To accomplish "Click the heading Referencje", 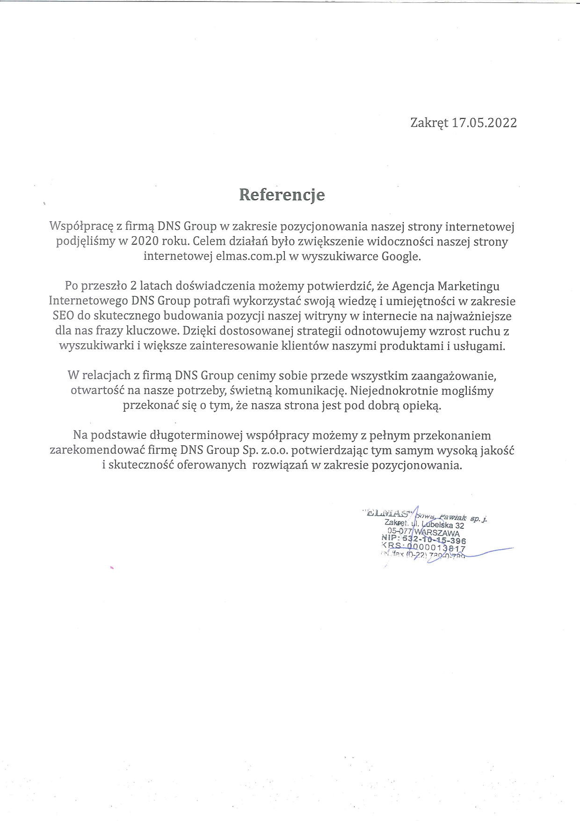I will point(282,195).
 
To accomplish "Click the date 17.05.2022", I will point(484,123).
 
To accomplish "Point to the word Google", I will point(401,256).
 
